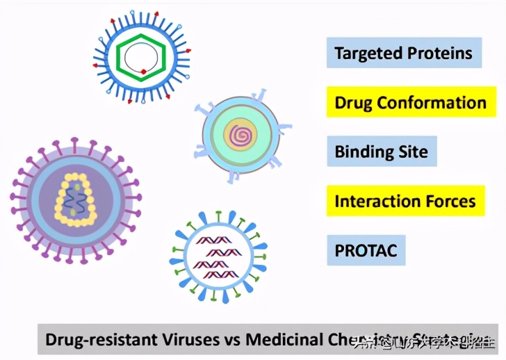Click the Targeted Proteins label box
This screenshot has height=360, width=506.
(403, 53)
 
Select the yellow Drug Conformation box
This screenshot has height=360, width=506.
(410, 103)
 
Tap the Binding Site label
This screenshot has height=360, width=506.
(381, 152)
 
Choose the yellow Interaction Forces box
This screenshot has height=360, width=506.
(405, 202)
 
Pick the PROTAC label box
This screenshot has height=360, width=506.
(366, 250)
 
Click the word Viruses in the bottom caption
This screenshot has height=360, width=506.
(189, 340)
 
